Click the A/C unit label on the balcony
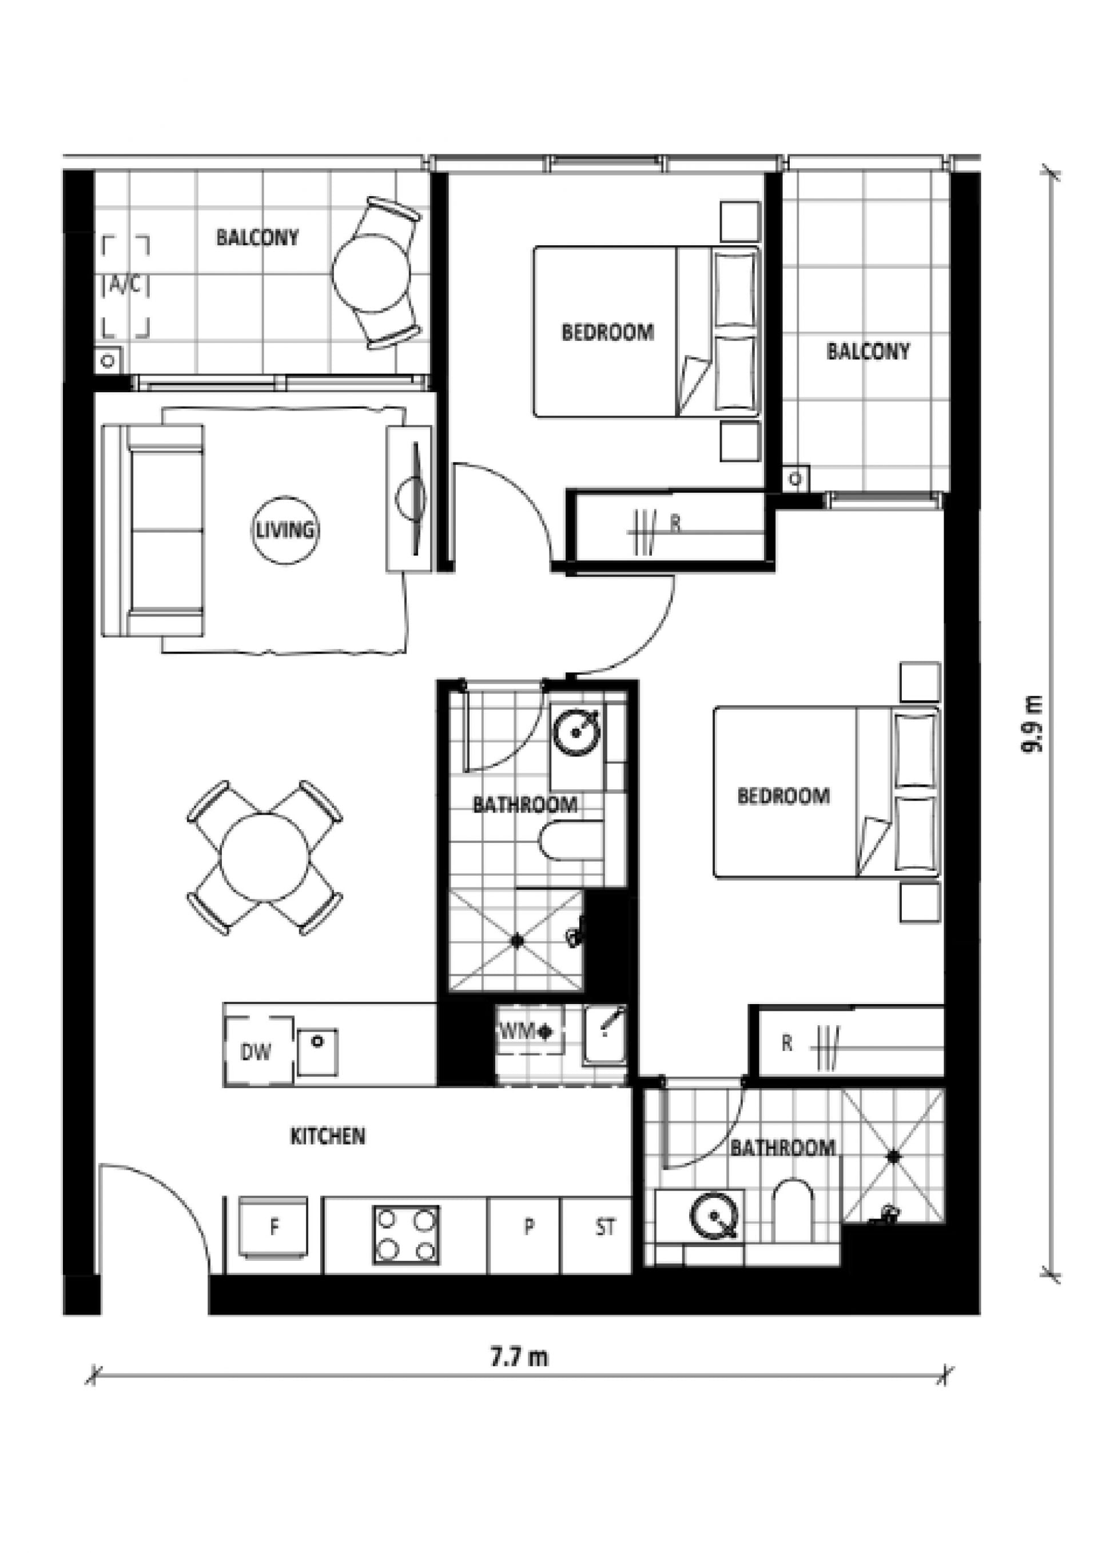pos(126,286)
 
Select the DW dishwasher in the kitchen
pos(258,1051)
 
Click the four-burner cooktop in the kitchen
pos(406,1235)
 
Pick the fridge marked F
pos(273,1228)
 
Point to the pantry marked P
pos(529,1227)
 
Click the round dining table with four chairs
pos(265,858)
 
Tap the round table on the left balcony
pos(371,273)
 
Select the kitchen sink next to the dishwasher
pos(318,1052)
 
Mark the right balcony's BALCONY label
pos(868,351)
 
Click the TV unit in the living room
pos(409,499)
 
